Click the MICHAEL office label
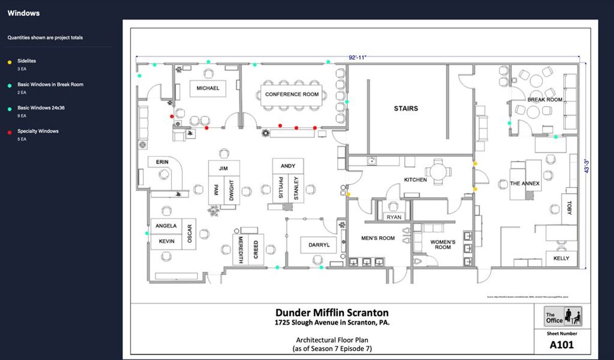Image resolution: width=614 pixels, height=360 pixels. coord(208,88)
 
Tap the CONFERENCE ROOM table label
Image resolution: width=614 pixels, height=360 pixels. coord(292,94)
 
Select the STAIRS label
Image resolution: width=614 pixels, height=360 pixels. coord(406,108)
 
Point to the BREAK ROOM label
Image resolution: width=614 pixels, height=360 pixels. coord(544,100)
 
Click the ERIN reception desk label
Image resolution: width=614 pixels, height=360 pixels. coord(162,162)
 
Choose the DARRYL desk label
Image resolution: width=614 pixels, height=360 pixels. coord(319,245)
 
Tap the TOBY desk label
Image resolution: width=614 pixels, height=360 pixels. coord(569,206)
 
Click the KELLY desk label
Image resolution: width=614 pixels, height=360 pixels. coord(561,258)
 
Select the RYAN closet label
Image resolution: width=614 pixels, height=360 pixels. coord(394,217)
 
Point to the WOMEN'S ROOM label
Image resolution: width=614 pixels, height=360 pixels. coord(443,244)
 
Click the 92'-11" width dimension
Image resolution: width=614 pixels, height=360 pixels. coord(357,58)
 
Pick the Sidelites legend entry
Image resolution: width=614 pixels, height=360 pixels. coord(27,61)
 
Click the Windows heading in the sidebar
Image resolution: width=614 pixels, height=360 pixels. coord(24,13)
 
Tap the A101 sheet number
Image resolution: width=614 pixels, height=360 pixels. coord(561,345)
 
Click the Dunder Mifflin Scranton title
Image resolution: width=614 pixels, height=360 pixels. coord(332,312)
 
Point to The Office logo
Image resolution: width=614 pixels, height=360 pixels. coord(562,316)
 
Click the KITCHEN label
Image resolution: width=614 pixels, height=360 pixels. coord(415,180)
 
